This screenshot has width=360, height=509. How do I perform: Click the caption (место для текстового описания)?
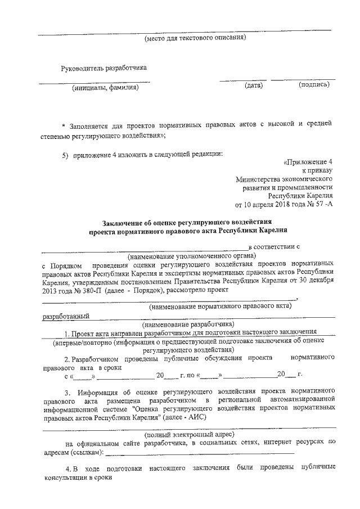coord(195,38)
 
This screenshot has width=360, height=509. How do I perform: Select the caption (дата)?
coord(254,85)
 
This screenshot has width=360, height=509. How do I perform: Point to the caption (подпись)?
coord(314,85)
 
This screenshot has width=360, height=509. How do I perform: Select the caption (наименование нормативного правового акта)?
coord(220,307)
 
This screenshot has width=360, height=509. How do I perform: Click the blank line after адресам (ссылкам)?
coord(200,452)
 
